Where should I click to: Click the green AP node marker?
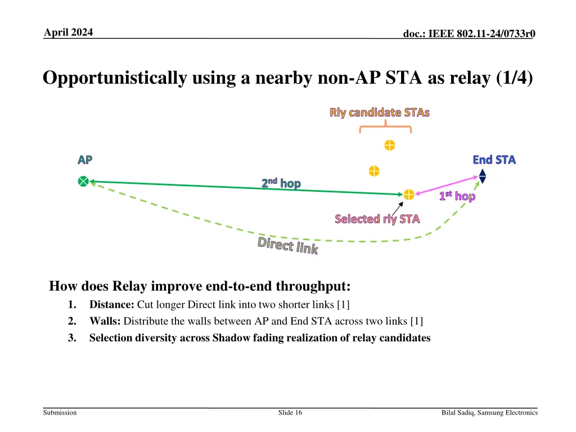click(x=83, y=181)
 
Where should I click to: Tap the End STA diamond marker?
click(x=482, y=176)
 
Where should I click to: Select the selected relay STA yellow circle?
click(x=409, y=195)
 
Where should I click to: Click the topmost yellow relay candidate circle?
click(x=389, y=146)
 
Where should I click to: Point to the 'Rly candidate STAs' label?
click(x=380, y=112)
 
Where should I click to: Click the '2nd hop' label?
click(x=281, y=183)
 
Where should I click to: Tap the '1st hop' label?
click(x=457, y=196)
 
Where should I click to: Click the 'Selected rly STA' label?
click(x=377, y=219)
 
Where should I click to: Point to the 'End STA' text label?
click(x=494, y=160)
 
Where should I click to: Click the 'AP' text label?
click(x=85, y=160)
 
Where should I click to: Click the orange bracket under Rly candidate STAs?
click(x=385, y=128)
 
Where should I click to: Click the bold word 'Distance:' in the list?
click(x=112, y=305)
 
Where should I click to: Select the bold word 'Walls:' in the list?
click(x=105, y=322)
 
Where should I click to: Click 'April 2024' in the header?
click(x=69, y=31)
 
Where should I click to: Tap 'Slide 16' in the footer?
click(x=290, y=413)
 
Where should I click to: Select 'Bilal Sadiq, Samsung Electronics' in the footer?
click(x=489, y=413)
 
